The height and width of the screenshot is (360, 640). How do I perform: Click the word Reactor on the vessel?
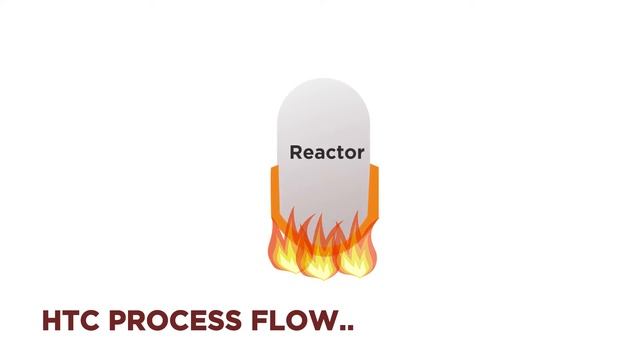(x=327, y=153)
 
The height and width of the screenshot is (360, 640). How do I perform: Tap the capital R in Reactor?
(x=296, y=152)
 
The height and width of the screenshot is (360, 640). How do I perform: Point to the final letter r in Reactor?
(x=360, y=154)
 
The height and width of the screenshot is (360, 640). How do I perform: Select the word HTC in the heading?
(x=71, y=320)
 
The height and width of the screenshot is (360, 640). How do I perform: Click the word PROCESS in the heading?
(x=175, y=320)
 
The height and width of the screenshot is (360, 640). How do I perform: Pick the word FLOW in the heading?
(x=293, y=320)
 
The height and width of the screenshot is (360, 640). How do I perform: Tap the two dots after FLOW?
(x=346, y=327)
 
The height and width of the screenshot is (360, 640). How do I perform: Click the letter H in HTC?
(x=52, y=320)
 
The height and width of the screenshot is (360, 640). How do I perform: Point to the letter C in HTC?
(x=90, y=320)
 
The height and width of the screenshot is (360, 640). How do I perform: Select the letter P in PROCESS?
(x=118, y=320)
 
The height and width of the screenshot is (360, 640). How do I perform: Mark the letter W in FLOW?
(x=320, y=320)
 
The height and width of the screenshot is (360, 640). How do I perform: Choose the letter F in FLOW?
(x=260, y=320)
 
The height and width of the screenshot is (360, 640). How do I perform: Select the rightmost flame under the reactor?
(x=357, y=250)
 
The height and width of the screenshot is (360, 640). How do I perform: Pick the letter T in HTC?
(x=71, y=320)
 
